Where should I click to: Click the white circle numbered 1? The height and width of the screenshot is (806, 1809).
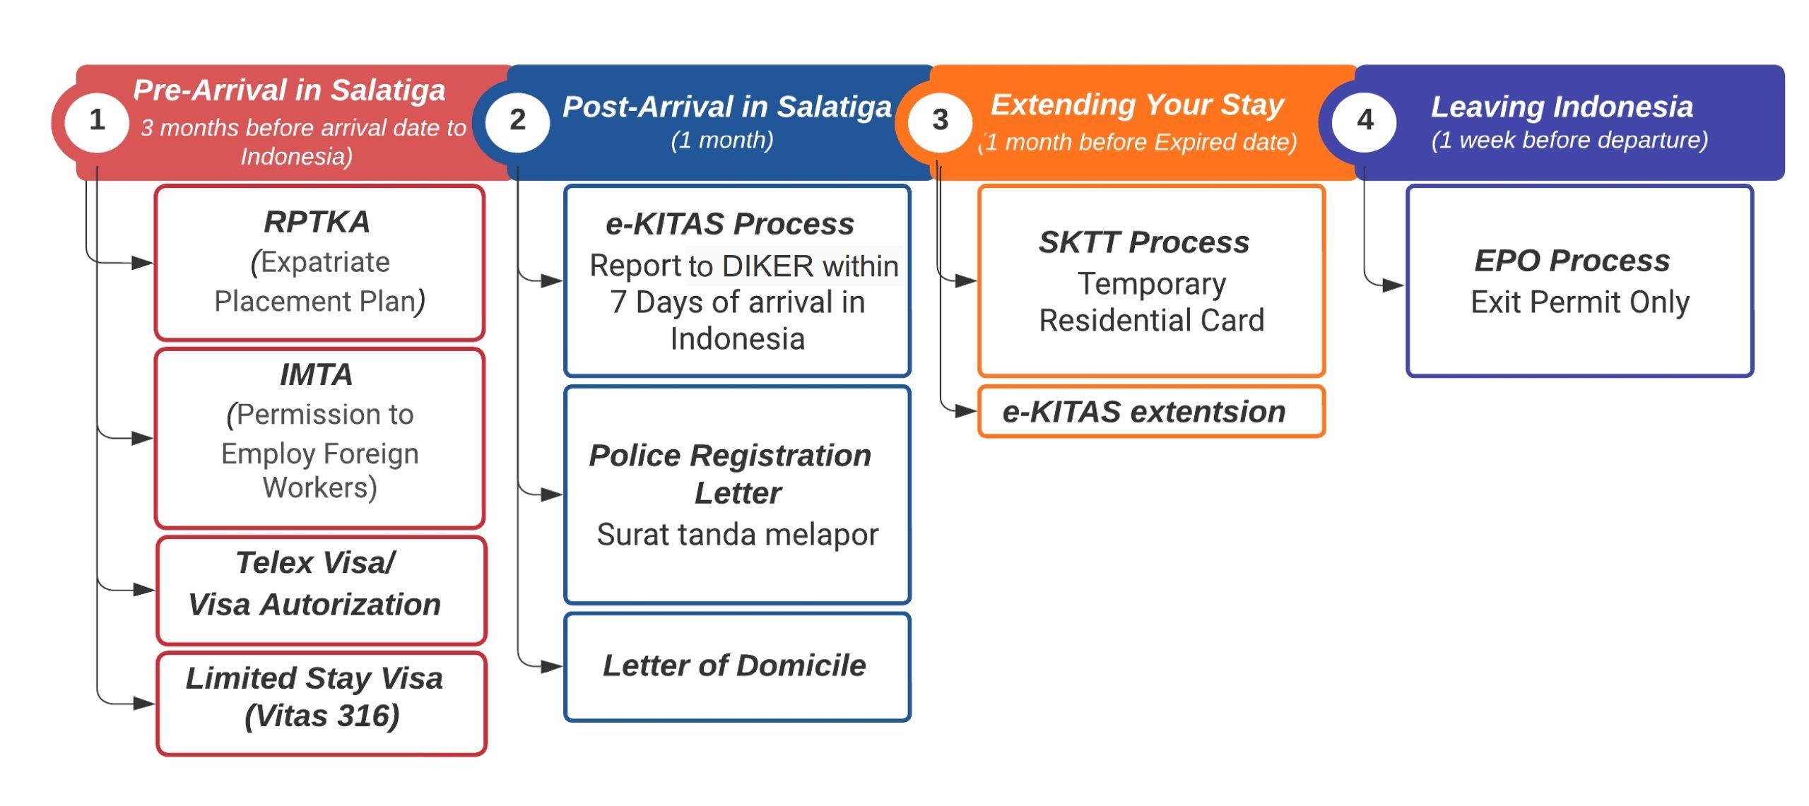pyautogui.click(x=97, y=122)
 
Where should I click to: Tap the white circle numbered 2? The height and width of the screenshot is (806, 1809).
pyautogui.click(x=517, y=122)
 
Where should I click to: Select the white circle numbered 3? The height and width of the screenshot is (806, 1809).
pyautogui.click(x=940, y=122)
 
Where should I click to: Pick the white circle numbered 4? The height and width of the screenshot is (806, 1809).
pyautogui.click(x=1365, y=122)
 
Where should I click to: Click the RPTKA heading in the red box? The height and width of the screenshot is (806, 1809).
pyautogui.click(x=317, y=222)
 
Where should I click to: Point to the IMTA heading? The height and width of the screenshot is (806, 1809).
pyautogui.click(x=316, y=374)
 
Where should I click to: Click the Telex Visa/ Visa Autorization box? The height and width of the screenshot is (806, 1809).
pyautogui.click(x=322, y=591)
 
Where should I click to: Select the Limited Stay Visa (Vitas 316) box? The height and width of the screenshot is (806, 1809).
pyautogui.click(x=322, y=704)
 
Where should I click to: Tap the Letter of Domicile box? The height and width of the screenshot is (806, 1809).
pyautogui.click(x=737, y=667)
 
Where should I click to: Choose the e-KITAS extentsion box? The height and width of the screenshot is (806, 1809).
pyautogui.click(x=1151, y=411)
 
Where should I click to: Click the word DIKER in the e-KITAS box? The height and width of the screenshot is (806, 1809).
pyautogui.click(x=767, y=266)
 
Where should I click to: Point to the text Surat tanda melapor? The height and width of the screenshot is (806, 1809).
pyautogui.click(x=737, y=535)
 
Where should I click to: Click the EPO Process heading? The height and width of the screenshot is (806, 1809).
pyautogui.click(x=1572, y=261)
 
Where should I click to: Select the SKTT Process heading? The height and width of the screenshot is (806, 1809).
pyautogui.click(x=1144, y=242)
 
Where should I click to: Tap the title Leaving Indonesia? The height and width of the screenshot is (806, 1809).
pyautogui.click(x=1562, y=107)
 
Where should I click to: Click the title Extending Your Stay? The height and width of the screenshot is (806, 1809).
pyautogui.click(x=1137, y=105)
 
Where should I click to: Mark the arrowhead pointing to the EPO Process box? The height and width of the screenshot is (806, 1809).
pyautogui.click(x=1393, y=285)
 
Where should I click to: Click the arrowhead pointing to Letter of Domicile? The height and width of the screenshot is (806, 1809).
pyautogui.click(x=552, y=666)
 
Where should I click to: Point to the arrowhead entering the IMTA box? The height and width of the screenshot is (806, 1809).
pyautogui.click(x=142, y=438)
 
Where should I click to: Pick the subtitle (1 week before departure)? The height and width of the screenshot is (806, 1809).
pyautogui.click(x=1569, y=140)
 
